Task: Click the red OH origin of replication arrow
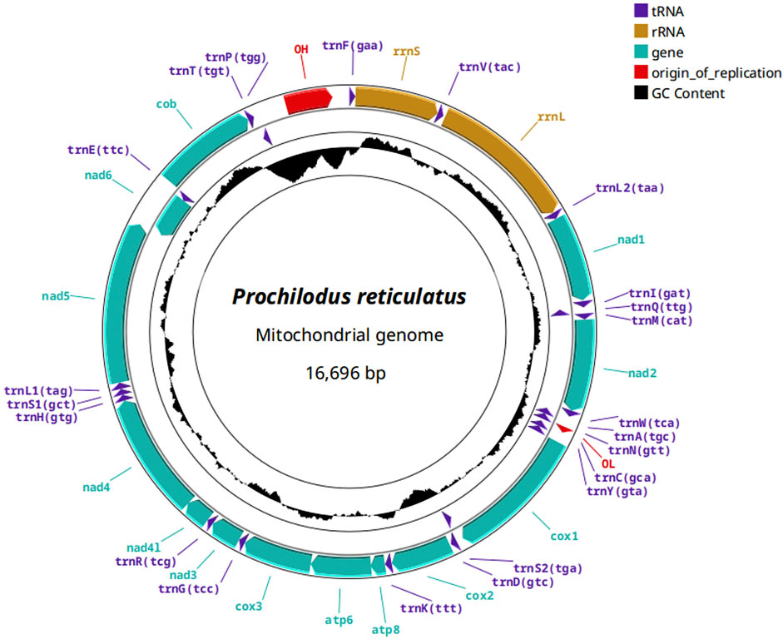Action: coord(308,101)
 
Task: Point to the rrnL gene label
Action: coord(551,116)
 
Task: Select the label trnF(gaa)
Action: coord(352,46)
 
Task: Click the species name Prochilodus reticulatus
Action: coord(349,297)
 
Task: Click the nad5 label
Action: coord(57,295)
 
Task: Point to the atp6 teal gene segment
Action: coord(341,565)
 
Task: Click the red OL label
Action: coord(607,463)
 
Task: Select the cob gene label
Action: coord(166,104)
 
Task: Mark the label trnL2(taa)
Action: coord(629,188)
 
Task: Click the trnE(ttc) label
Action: coord(99,150)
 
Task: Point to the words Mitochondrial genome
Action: coord(349,336)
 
